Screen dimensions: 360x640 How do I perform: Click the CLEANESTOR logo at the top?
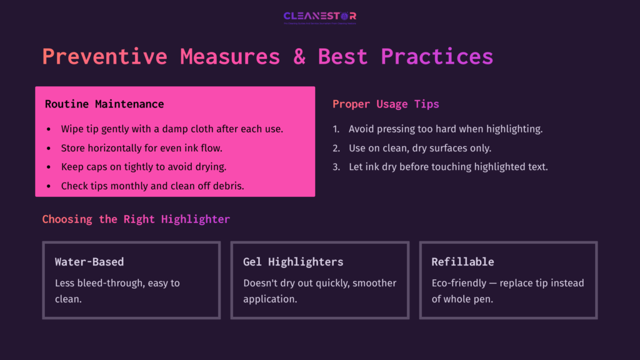(320, 17)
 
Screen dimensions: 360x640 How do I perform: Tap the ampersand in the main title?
(299, 56)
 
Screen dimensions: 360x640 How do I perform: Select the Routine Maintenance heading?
(104, 104)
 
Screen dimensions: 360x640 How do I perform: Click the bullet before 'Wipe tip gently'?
(49, 129)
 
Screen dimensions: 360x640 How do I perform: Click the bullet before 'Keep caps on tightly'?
(49, 167)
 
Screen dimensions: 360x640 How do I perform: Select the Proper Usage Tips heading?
(386, 104)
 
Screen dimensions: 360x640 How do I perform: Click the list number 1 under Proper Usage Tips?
(336, 129)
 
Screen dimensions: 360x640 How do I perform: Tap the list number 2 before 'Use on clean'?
(336, 148)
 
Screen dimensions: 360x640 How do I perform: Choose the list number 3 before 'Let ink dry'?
(336, 167)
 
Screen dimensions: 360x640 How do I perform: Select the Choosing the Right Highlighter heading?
(136, 219)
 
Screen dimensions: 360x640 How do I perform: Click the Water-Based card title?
(89, 262)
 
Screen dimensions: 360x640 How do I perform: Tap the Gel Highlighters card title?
(293, 262)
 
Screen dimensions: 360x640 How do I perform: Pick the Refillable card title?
(462, 262)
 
